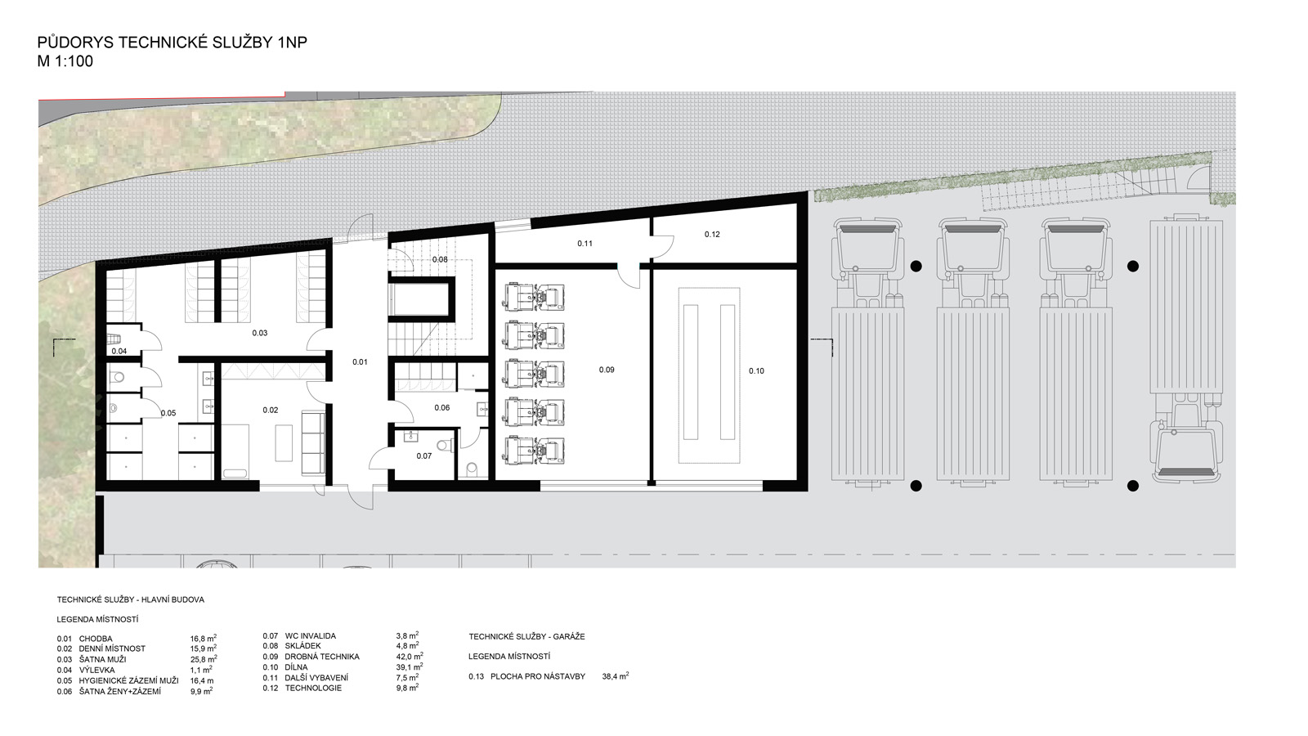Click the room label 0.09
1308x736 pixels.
pos(607,370)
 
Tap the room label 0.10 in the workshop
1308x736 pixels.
pos(756,371)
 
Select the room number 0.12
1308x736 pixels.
pos(712,234)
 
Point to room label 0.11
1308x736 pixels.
pos(585,244)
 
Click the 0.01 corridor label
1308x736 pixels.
pos(361,362)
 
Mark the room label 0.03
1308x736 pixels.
pos(260,333)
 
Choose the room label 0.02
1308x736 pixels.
pos(271,410)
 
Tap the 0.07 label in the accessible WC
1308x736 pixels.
pos(424,456)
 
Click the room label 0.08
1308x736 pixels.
pos(440,259)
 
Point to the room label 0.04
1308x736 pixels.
pos(119,351)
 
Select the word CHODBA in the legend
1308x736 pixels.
pos(96,639)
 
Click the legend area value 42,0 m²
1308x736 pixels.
pos(410,657)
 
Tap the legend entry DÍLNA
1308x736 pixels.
pos(296,667)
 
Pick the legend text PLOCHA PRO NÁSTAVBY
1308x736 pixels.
pos(538,676)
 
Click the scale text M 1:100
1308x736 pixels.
pos(65,61)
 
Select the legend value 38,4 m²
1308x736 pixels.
pos(616,676)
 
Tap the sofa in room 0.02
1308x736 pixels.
pos(313,443)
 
